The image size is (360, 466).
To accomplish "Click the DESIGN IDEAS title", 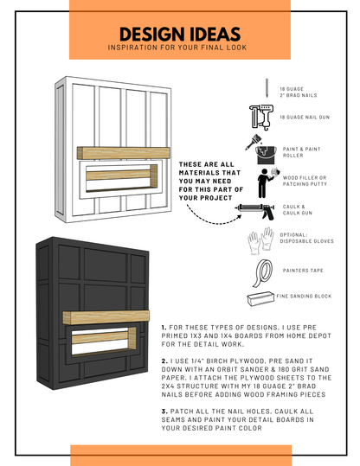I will tap(179, 34).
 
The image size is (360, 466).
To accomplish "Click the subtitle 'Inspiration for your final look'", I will tap(179, 48).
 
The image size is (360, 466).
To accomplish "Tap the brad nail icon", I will tap(267, 87).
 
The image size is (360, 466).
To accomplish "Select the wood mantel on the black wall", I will tap(109, 317).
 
